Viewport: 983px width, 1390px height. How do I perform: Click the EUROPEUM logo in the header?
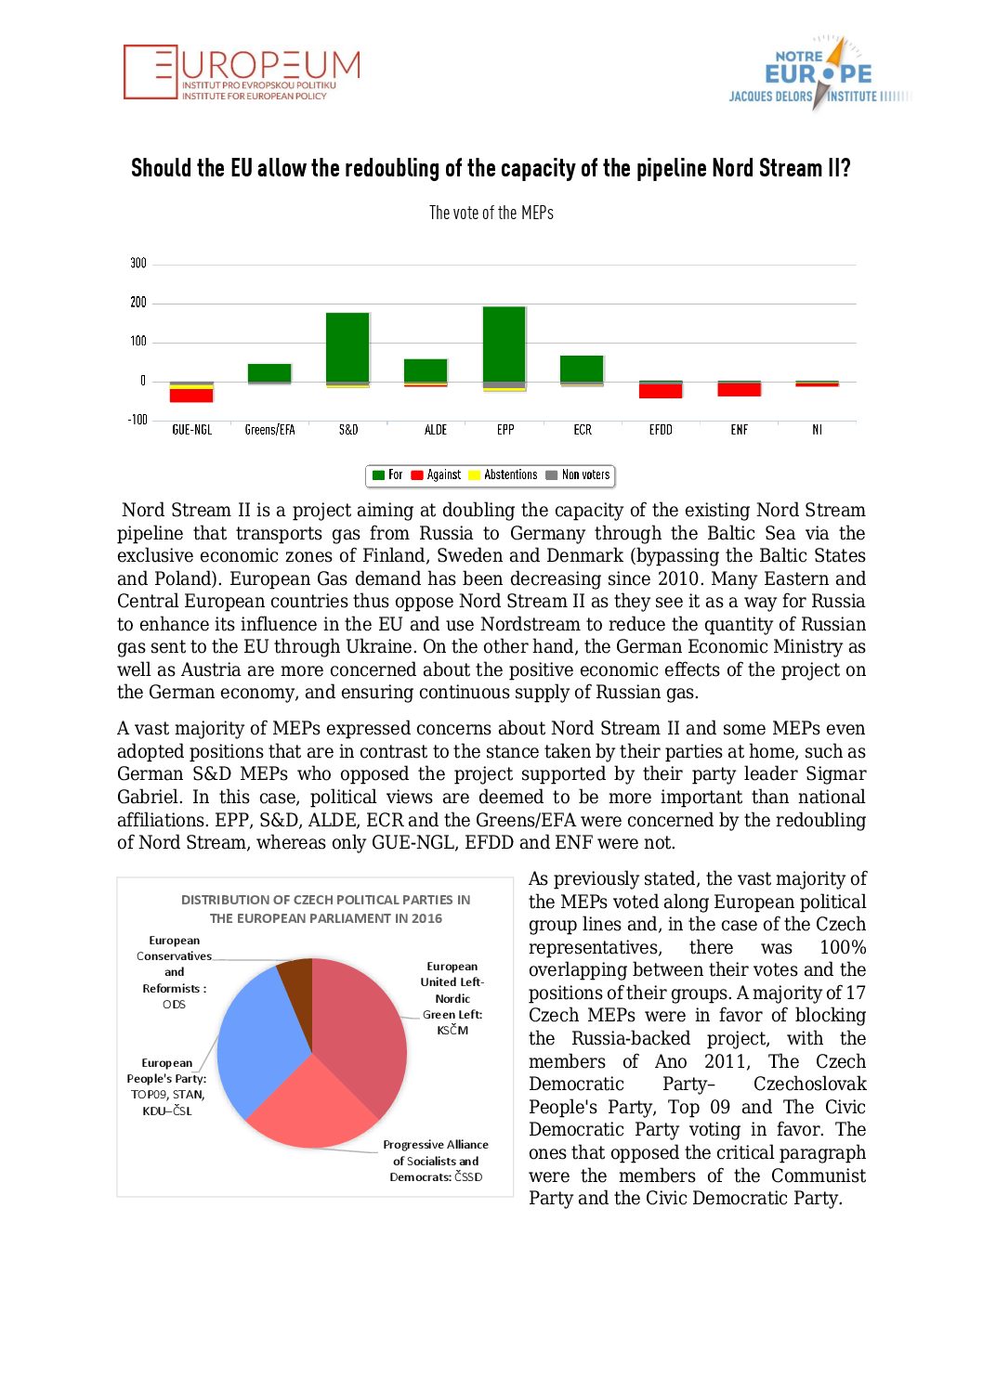[x=242, y=72]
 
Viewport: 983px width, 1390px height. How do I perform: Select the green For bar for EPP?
[x=505, y=344]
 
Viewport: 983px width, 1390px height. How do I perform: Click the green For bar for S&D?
[x=347, y=347]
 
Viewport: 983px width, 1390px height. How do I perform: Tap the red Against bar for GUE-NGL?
[x=191, y=396]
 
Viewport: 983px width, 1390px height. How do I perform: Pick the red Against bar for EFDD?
[x=661, y=391]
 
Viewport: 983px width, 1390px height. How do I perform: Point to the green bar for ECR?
[x=582, y=369]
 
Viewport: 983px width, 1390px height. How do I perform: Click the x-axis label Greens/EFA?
[x=269, y=430]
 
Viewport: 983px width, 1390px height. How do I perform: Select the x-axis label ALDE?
[x=436, y=430]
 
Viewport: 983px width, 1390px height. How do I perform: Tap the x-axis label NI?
[x=817, y=430]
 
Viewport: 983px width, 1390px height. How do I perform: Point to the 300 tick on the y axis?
[x=138, y=264]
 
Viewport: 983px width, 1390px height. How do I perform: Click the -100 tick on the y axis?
[x=137, y=420]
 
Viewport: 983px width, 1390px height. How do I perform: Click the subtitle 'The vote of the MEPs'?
[x=491, y=213]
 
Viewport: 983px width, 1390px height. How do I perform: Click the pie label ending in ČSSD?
[x=436, y=1161]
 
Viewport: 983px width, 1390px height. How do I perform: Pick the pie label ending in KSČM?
[x=452, y=998]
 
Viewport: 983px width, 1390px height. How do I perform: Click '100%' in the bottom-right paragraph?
[x=842, y=947]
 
